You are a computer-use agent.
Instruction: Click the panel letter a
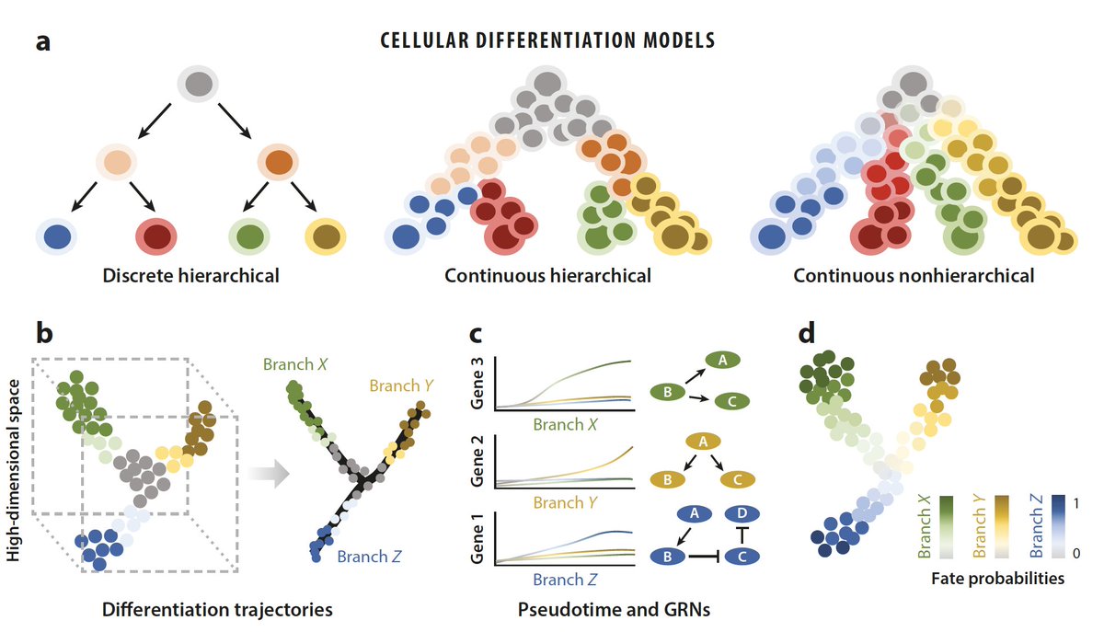[x=43, y=43]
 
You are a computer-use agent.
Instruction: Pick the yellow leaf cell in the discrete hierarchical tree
[x=325, y=236]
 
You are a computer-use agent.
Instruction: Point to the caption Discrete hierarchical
[x=190, y=275]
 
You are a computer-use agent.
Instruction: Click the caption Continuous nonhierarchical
[x=914, y=275]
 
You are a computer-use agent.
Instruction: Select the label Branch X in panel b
[x=294, y=363]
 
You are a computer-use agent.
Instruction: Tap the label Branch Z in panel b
[x=368, y=556]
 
